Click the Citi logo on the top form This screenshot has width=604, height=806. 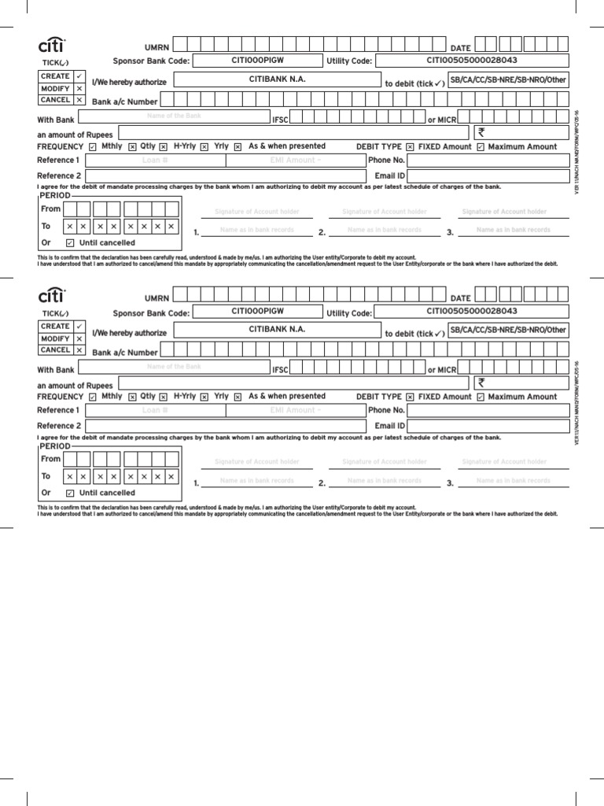pyautogui.click(x=52, y=46)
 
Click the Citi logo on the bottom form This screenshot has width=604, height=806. pyautogui.click(x=52, y=296)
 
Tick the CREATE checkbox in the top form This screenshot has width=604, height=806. pyautogui.click(x=79, y=76)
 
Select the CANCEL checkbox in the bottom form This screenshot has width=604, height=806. pyautogui.click(x=79, y=350)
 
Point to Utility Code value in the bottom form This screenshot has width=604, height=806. pyautogui.click(x=472, y=311)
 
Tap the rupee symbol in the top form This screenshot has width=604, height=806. pyautogui.click(x=481, y=132)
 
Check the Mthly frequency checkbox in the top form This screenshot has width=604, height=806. pyautogui.click(x=94, y=147)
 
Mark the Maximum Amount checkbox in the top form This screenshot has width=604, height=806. pyautogui.click(x=481, y=147)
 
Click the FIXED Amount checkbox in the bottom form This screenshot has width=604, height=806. pyautogui.click(x=410, y=397)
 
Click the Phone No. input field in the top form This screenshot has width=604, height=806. pyautogui.click(x=488, y=161)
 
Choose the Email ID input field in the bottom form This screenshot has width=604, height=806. pyautogui.click(x=488, y=426)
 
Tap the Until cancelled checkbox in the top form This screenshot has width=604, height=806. pyautogui.click(x=70, y=243)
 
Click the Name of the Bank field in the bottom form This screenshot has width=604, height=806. pyautogui.click(x=175, y=367)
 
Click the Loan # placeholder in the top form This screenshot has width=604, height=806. pyautogui.click(x=155, y=161)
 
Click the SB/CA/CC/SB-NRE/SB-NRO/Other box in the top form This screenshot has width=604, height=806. pyautogui.click(x=507, y=80)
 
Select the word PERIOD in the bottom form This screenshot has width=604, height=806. pyautogui.click(x=55, y=445)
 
